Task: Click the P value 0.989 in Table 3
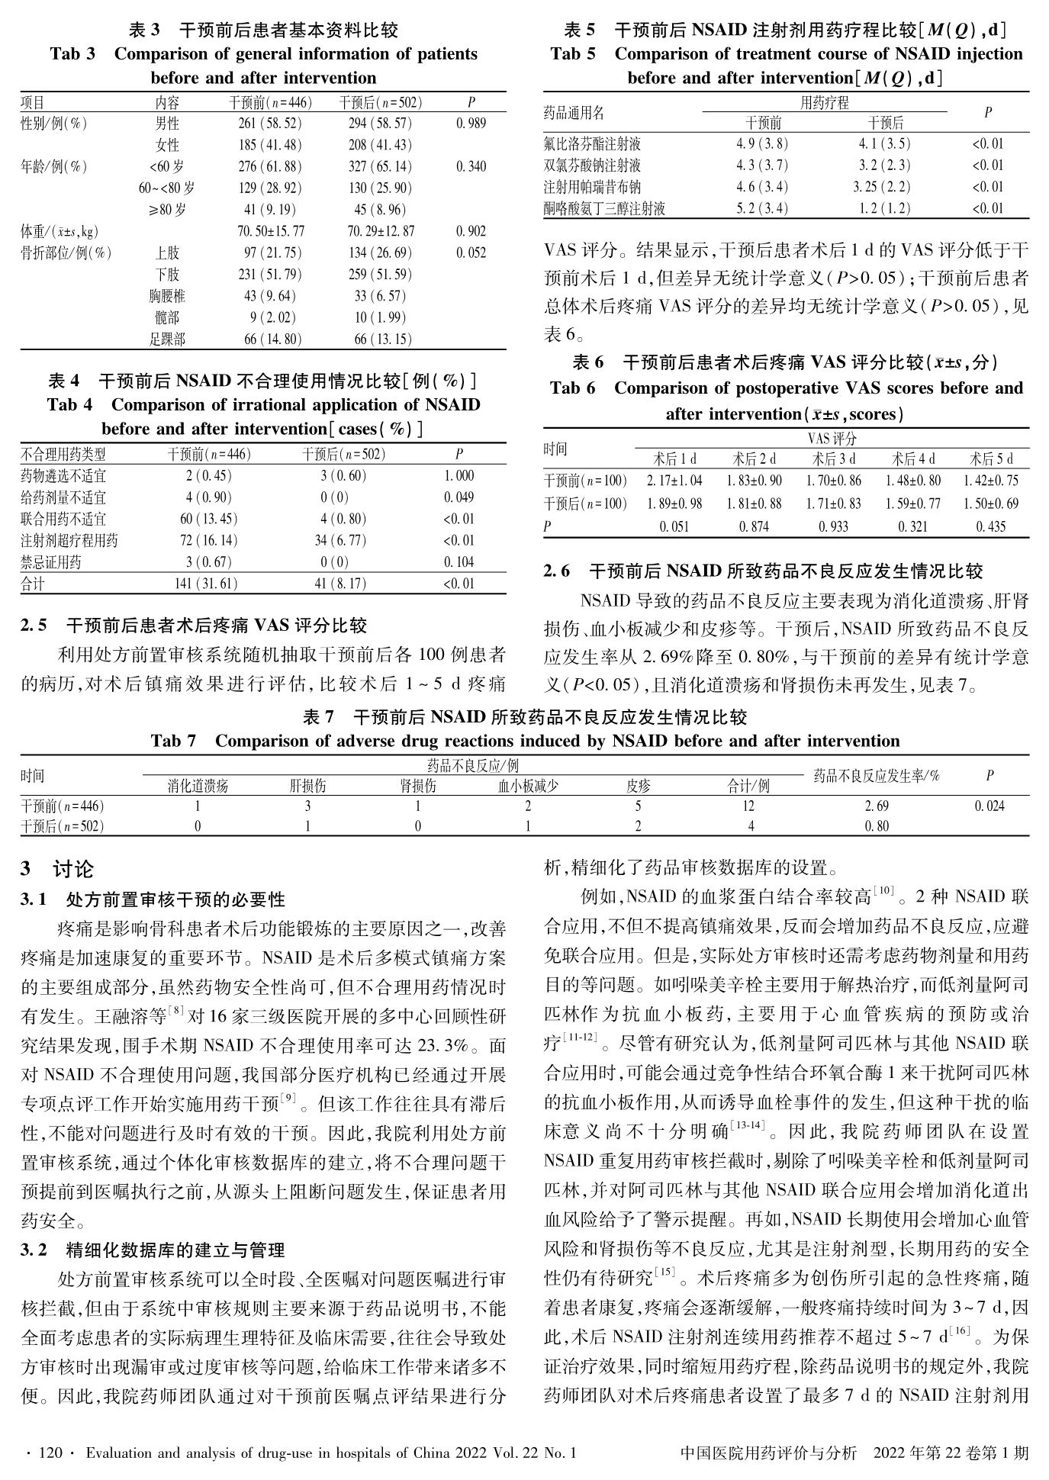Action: (471, 124)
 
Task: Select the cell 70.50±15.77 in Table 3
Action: (271, 231)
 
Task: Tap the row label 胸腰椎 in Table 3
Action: (167, 296)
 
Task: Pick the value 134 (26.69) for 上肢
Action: (380, 253)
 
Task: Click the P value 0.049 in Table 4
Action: (459, 497)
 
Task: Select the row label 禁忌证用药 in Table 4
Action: (51, 562)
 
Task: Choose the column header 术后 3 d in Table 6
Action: (834, 459)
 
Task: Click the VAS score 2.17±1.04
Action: (674, 481)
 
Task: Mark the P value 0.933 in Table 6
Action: (834, 526)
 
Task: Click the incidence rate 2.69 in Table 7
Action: (877, 806)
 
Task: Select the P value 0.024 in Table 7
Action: (989, 806)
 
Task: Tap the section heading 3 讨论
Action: (57, 869)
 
